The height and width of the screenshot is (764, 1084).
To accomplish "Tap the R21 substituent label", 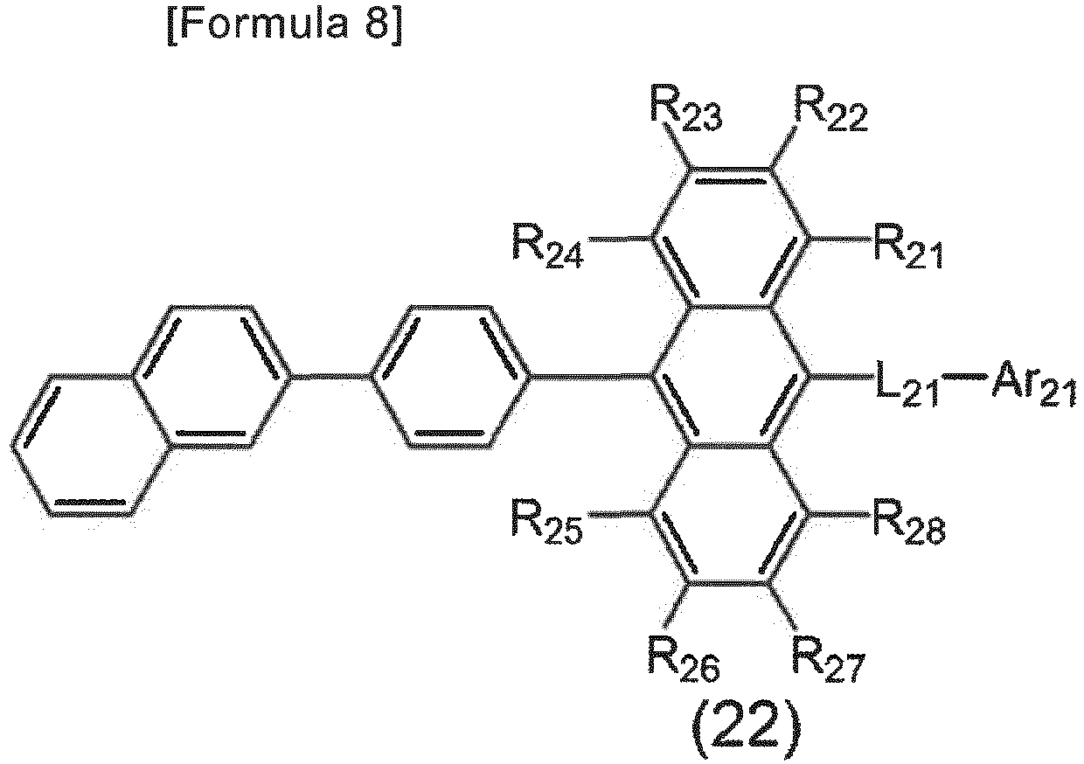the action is click(x=908, y=246).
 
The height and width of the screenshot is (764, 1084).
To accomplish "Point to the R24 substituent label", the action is click(x=548, y=246).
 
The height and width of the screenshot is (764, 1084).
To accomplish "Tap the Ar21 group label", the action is click(x=1032, y=390).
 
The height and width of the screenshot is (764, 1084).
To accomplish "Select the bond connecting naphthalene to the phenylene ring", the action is click(x=331, y=376).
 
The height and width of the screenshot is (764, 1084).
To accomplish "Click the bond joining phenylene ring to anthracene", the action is click(x=590, y=376).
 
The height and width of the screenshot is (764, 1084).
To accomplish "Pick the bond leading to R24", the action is click(x=618, y=238).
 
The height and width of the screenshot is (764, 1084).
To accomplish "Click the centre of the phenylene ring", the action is click(x=451, y=377).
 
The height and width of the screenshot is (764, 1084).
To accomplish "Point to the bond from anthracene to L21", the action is click(x=843, y=376).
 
